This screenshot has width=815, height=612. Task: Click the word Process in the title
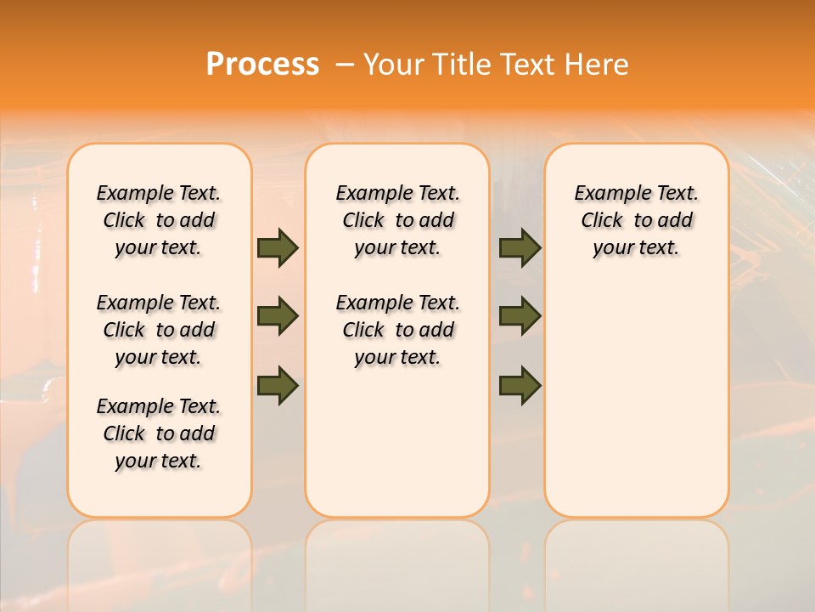[x=262, y=64]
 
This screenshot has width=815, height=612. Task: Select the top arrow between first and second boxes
[x=278, y=247]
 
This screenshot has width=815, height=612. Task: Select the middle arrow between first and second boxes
[x=278, y=316]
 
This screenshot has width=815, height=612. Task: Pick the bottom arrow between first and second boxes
[x=278, y=385]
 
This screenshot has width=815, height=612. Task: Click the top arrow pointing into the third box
[x=520, y=247]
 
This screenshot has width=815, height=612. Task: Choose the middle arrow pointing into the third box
[x=520, y=316]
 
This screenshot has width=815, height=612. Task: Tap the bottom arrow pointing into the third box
[x=520, y=385]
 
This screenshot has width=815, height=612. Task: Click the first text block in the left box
[x=159, y=220]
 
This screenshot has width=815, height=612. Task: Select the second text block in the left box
[x=159, y=330]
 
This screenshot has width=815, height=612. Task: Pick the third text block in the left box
[x=159, y=433]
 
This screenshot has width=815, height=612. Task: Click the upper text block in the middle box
[x=397, y=220]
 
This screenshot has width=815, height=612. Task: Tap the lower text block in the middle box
[x=397, y=330]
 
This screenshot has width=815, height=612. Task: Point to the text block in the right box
[x=636, y=220]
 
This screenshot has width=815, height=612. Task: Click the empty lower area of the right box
[x=636, y=399]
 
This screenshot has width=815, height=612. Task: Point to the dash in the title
[x=345, y=65]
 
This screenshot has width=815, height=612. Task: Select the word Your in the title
[x=391, y=64]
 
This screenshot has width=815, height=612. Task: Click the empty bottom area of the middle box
[x=397, y=450]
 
